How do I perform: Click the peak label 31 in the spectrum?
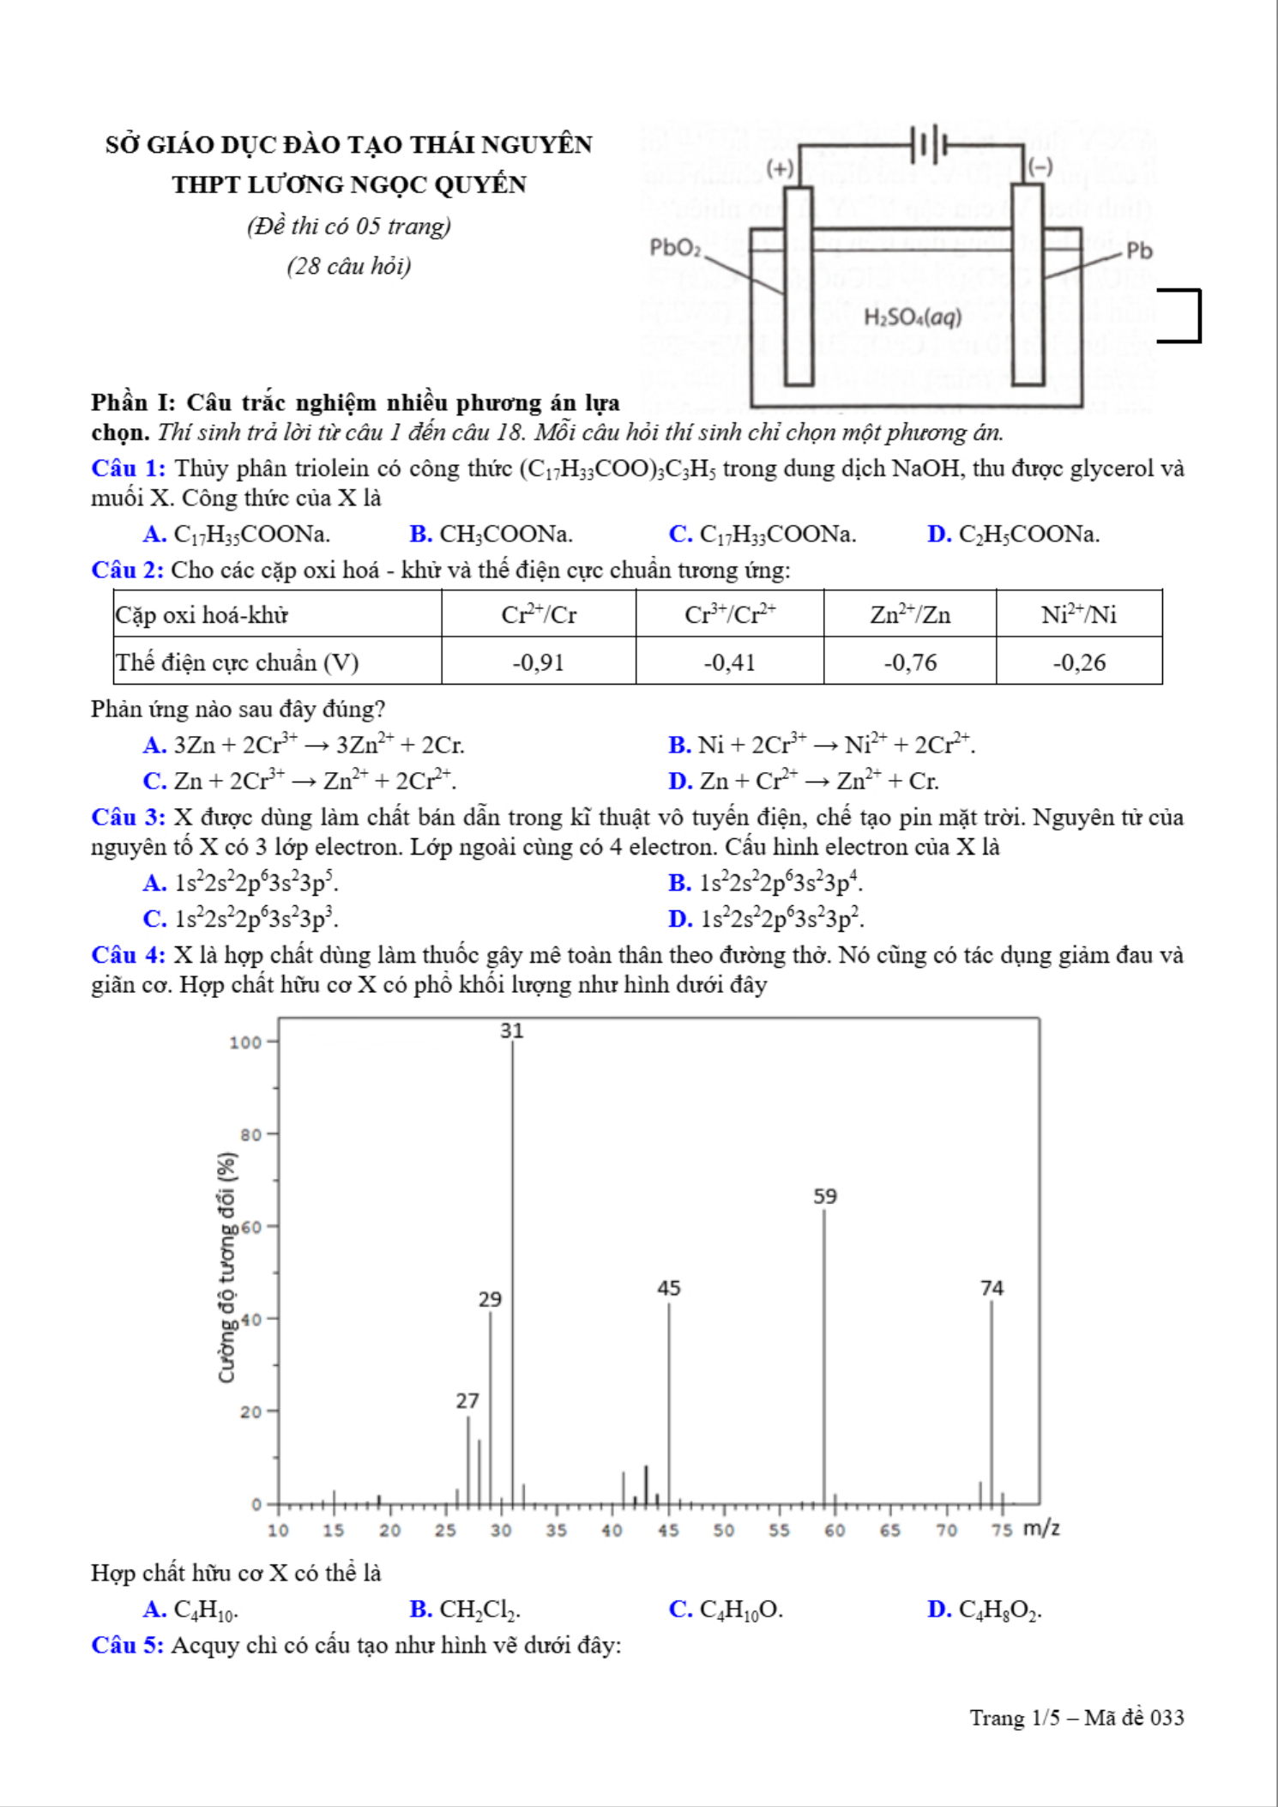point(512,1030)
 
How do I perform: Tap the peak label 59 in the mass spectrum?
point(825,1196)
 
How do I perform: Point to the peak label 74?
point(992,1288)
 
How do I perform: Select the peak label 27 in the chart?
point(467,1401)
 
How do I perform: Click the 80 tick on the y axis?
point(250,1135)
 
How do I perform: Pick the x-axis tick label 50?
point(723,1531)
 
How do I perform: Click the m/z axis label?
point(1041,1528)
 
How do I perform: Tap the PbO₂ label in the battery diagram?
point(675,248)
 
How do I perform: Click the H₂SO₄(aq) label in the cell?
point(913,317)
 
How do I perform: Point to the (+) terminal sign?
point(780,167)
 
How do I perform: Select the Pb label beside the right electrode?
point(1139,251)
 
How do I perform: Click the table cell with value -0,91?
point(539,662)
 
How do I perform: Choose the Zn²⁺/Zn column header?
point(910,614)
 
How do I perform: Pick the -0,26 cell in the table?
point(1079,662)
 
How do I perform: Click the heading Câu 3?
point(128,817)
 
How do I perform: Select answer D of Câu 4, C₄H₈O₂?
point(985,1610)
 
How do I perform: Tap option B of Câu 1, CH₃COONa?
point(491,535)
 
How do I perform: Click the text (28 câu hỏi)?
point(349,266)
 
